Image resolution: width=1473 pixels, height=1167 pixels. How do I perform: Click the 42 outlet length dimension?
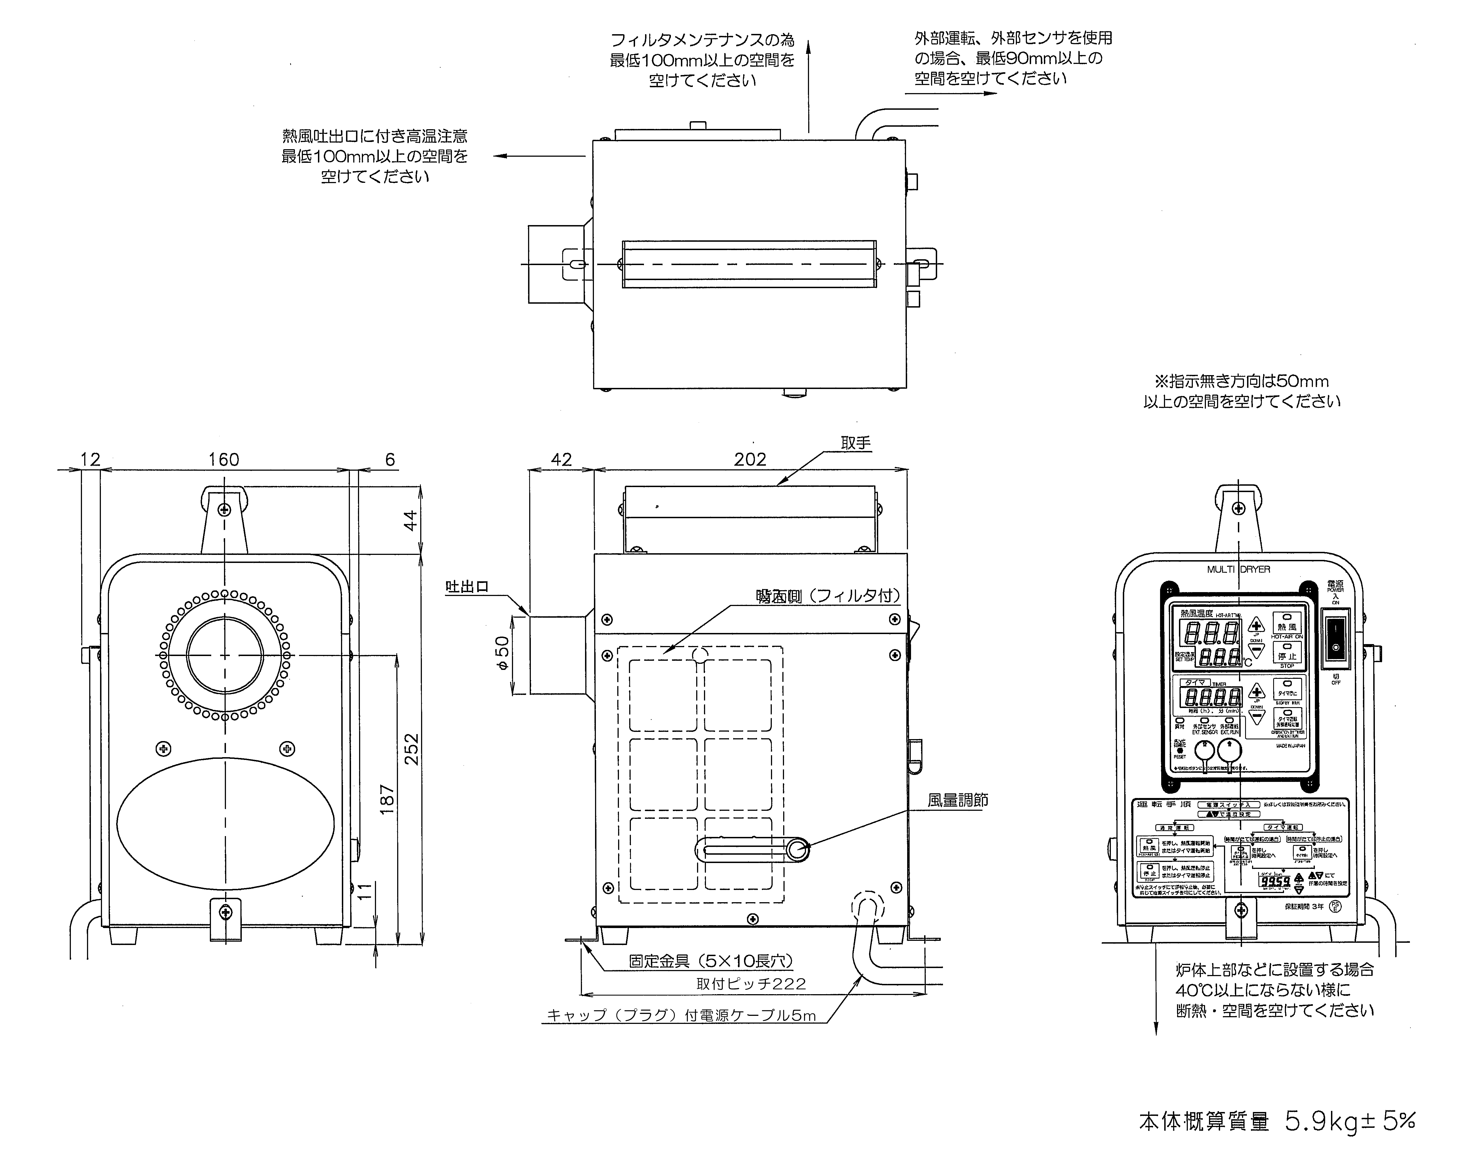click(x=561, y=460)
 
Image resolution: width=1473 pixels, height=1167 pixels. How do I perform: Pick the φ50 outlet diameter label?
click(x=502, y=654)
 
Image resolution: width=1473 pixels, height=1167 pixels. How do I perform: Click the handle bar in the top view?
click(x=749, y=264)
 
